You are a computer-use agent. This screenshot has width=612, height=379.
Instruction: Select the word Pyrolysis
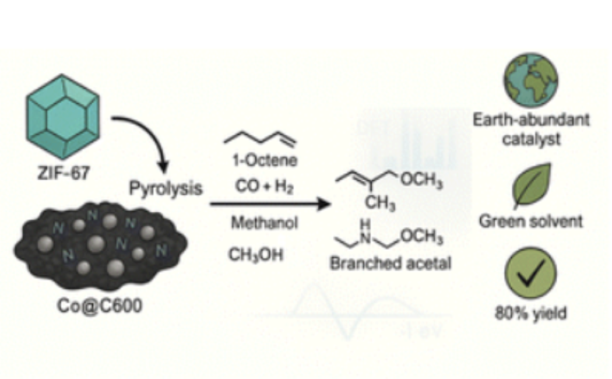coord(166,189)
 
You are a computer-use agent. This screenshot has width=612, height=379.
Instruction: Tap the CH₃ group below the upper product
coord(382,205)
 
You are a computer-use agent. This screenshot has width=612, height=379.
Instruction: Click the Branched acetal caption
coord(391,264)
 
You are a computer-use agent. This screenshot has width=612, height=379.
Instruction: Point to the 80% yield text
coord(530,313)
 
